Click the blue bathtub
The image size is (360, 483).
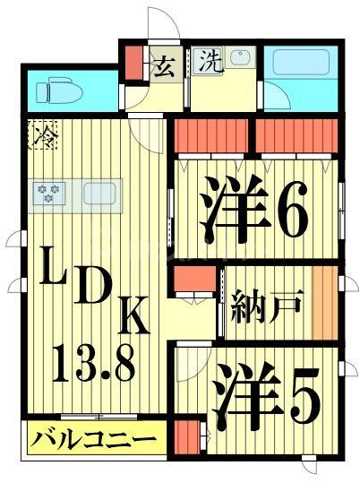pos(302,65)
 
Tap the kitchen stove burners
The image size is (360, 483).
pos(47,191)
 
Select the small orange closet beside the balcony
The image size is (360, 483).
pos(185,440)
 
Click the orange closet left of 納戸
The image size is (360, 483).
pos(194,280)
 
